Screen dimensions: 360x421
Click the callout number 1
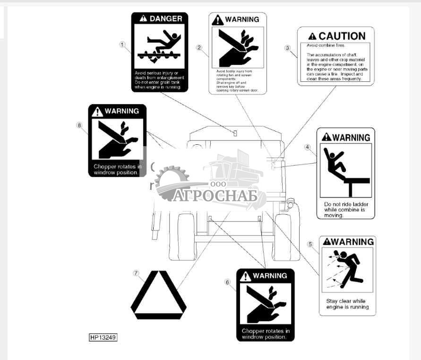122,45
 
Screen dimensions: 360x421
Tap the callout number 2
199,47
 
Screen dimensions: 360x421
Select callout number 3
287,48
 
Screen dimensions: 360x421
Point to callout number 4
308,147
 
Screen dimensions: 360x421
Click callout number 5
310,244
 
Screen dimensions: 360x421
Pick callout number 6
228,282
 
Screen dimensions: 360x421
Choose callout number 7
136,273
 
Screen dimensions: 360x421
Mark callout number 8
79,125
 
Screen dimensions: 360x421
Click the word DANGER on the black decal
165,19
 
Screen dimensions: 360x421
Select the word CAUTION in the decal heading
342,36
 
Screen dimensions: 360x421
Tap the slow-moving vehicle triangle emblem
159,296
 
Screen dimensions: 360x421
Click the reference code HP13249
103,338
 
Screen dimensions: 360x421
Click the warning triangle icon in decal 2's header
217,20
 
